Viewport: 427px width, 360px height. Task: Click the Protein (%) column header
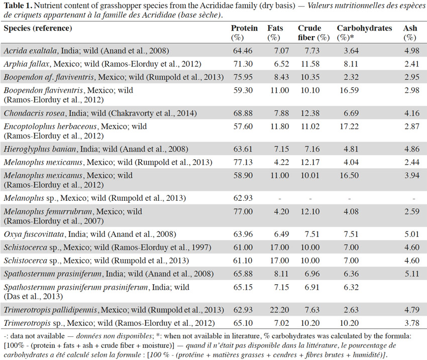pos(244,33)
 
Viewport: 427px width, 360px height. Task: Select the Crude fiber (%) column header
pos(313,33)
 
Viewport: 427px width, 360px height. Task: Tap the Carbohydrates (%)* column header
pos(364,33)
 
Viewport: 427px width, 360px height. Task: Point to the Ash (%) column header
pos(410,33)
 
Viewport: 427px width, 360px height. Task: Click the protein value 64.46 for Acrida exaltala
pos(243,51)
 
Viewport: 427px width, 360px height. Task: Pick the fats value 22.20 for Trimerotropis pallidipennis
pos(279,310)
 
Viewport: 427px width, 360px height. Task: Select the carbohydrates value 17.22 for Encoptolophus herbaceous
pos(349,126)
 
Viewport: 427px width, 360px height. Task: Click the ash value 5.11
pos(412,274)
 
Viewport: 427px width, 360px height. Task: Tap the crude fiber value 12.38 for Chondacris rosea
pos(310,113)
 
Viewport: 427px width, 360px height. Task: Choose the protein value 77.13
pos(243,162)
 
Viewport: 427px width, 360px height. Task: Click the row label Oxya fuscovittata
pos(34,234)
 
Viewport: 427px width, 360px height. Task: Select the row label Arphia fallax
pos(27,64)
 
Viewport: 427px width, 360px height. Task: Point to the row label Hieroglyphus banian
pos(40,149)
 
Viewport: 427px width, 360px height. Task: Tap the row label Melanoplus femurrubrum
pos(48,211)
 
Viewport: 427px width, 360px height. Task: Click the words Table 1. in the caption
pos(18,6)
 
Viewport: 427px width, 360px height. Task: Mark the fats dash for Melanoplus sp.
pos(280,199)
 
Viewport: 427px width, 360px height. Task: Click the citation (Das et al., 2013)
pos(33,296)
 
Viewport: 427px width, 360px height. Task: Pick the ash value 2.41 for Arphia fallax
pos(412,64)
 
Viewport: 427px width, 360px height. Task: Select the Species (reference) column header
pos(38,28)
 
